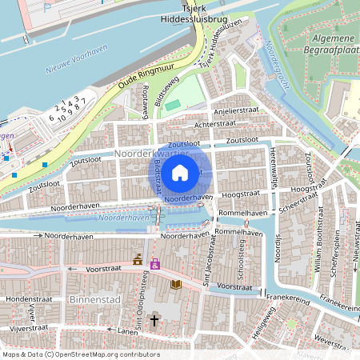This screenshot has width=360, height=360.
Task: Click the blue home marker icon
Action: (x=180, y=172)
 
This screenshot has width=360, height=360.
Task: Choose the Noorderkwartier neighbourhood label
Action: (x=152, y=152)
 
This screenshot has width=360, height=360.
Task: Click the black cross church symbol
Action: (x=154, y=320)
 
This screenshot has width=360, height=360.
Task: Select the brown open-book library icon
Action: (x=176, y=284)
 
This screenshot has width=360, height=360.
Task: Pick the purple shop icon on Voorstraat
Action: (x=155, y=263)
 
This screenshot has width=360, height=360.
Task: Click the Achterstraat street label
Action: (x=216, y=126)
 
